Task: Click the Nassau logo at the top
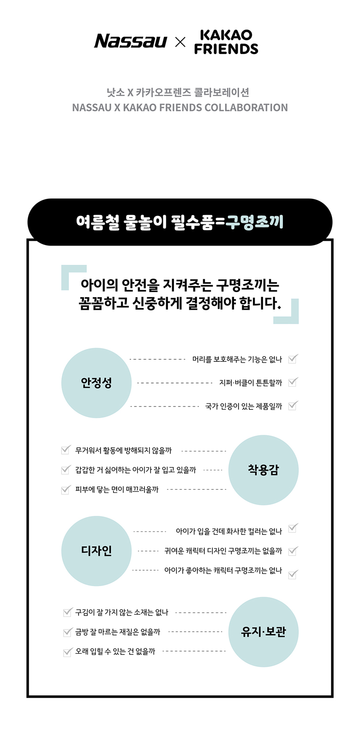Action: [131, 41]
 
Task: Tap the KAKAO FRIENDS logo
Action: [226, 42]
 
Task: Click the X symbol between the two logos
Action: [180, 42]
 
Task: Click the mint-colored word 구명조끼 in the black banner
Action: [254, 222]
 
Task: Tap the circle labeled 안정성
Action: [96, 383]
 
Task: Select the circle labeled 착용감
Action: [263, 470]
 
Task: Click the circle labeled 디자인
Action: [96, 551]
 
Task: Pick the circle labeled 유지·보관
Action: [263, 632]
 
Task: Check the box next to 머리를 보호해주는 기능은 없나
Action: [293, 359]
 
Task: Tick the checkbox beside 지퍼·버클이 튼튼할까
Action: [293, 382]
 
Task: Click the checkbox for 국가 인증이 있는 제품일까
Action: [293, 406]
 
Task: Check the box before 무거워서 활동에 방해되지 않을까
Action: [66, 449]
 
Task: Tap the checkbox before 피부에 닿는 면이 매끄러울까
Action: [66, 489]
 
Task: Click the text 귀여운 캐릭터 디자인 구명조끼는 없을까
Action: [223, 551]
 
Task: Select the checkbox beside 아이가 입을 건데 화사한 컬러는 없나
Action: [293, 528]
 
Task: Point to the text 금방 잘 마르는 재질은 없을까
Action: [118, 632]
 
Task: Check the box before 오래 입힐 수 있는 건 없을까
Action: [68, 652]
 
